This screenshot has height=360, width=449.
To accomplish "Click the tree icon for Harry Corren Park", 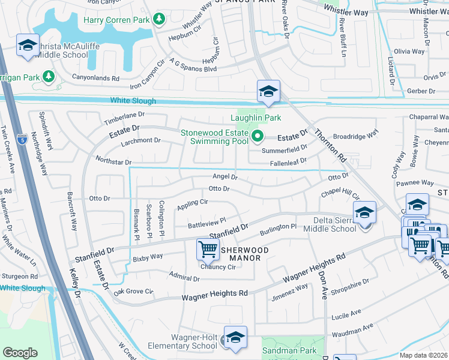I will click(159, 20).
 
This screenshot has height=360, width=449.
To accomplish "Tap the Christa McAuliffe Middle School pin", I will click(27, 46).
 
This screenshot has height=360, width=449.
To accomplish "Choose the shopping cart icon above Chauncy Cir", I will click(207, 249).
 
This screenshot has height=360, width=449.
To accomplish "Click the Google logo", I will click(20, 353).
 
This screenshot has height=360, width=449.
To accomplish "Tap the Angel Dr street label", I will click(225, 177).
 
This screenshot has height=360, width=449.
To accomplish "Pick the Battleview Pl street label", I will click(206, 223).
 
